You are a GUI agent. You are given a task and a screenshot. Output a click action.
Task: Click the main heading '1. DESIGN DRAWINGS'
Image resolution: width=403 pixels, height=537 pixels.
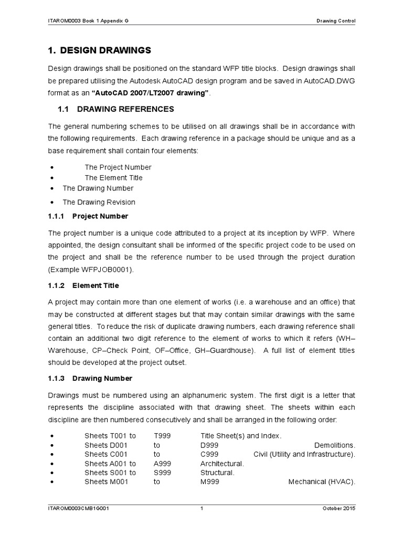(100, 50)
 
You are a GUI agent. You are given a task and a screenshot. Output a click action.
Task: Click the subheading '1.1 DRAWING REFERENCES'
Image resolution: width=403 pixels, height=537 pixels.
(115, 109)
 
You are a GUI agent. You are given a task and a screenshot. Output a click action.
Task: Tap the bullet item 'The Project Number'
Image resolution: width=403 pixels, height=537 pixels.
(118, 167)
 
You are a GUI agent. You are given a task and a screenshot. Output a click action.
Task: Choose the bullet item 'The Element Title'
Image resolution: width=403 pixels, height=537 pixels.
(113, 178)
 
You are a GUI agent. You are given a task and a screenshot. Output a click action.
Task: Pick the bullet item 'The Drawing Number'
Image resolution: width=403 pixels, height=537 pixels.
(98, 188)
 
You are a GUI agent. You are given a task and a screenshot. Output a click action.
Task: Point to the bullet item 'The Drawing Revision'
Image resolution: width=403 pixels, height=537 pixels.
(99, 202)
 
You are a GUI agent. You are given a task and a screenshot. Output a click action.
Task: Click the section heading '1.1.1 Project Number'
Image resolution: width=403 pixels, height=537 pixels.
(88, 216)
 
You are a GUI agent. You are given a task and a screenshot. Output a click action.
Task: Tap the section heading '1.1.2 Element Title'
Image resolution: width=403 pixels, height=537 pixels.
(83, 285)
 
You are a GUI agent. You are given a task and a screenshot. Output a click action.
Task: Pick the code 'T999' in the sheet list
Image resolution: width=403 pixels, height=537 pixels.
(162, 436)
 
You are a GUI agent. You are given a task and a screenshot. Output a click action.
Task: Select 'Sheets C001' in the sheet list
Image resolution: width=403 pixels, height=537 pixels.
(103, 454)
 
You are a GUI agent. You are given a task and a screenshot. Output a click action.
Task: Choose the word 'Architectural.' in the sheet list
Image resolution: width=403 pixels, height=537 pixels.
(222, 464)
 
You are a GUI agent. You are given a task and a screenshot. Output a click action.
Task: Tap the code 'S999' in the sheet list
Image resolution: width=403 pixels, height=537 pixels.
(162, 472)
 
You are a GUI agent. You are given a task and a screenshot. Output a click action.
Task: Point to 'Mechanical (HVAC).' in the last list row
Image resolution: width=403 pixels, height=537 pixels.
(322, 482)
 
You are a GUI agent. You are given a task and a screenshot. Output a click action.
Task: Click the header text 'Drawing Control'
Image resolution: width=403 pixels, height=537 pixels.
(336, 21)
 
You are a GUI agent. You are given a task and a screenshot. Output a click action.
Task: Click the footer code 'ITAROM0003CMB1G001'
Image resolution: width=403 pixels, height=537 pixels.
(78, 509)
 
